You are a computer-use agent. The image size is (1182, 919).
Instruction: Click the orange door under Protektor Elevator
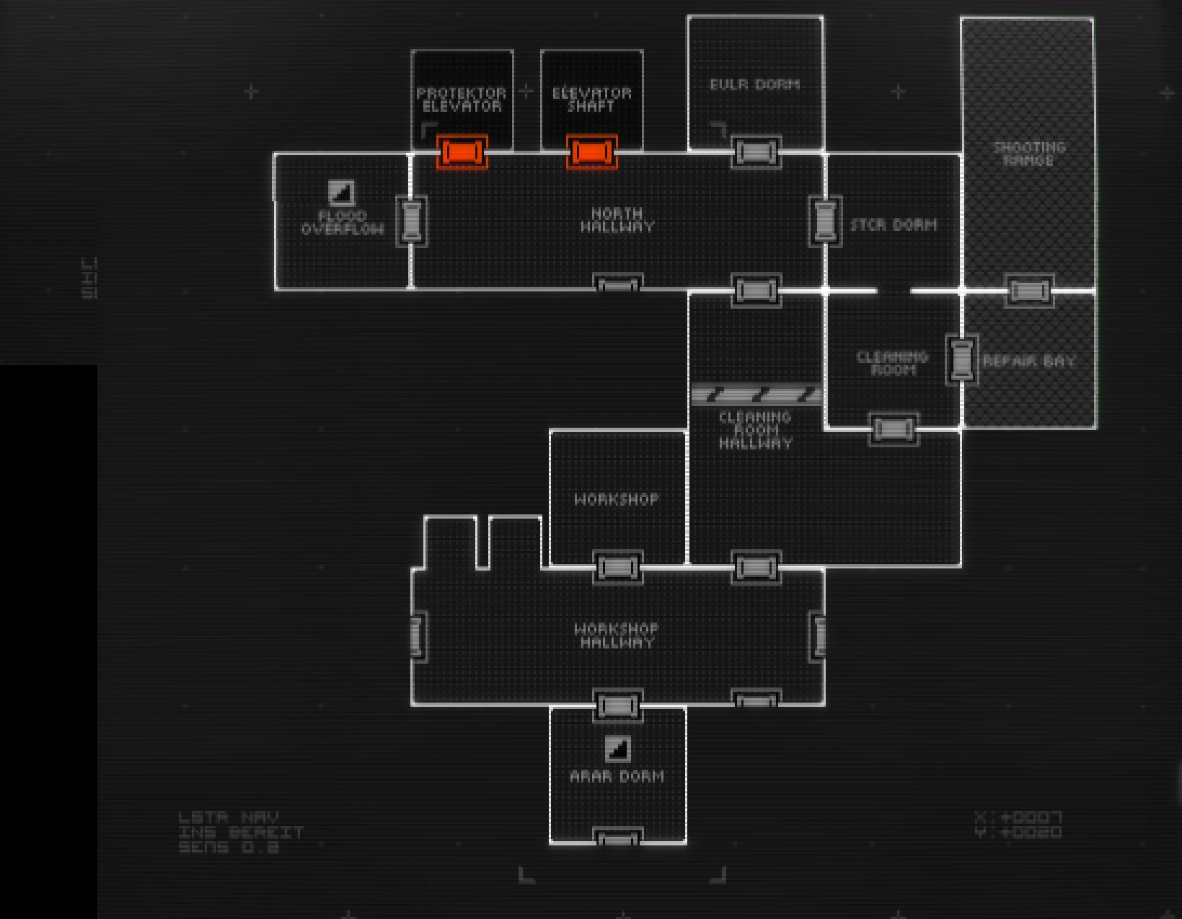tap(462, 152)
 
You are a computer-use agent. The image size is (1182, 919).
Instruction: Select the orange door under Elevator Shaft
tap(591, 152)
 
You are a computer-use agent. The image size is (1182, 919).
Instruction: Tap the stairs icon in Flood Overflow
tap(341, 193)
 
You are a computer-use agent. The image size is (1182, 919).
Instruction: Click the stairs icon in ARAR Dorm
tap(617, 749)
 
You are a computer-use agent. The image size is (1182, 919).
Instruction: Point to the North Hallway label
tap(617, 220)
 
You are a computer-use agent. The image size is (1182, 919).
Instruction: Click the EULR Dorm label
tap(754, 84)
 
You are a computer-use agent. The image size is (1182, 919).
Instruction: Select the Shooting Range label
tap(1028, 154)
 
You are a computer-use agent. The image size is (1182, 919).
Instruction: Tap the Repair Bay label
tap(1029, 361)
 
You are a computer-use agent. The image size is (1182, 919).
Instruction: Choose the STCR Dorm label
tap(894, 225)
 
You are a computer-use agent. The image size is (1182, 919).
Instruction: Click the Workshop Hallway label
tap(617, 636)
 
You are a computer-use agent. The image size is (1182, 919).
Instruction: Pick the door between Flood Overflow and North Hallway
tap(411, 220)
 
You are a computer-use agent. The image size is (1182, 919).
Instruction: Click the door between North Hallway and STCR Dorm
tap(824, 220)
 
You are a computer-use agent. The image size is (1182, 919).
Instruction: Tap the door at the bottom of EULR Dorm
tap(755, 152)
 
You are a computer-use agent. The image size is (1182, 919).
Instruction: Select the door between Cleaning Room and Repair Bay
tap(961, 359)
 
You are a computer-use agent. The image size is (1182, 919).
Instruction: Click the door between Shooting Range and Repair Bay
tap(1029, 291)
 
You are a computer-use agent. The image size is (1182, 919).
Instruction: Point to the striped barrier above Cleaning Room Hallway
tap(756, 395)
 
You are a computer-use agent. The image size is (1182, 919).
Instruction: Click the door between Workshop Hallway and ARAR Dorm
tap(617, 705)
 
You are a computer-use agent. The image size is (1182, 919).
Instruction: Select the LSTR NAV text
tap(228, 817)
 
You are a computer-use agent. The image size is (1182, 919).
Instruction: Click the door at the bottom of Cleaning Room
tap(894, 429)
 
